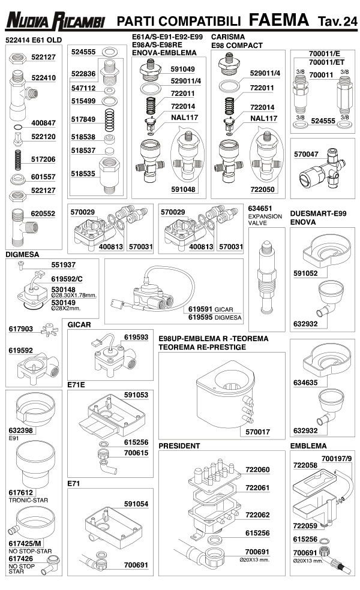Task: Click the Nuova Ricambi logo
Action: click(55, 21)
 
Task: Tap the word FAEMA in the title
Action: click(278, 20)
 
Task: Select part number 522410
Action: click(43, 78)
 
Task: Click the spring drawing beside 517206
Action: click(17, 160)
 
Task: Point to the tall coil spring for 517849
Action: click(110, 121)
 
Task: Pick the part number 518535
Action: click(83, 173)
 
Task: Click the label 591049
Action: click(182, 69)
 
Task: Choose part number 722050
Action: click(262, 189)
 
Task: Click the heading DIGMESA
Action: click(22, 254)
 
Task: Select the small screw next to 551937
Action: click(22, 266)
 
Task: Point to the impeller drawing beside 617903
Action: click(50, 329)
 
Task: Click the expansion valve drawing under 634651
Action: click(266, 278)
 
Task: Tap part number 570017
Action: click(257, 432)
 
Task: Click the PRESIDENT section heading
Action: click(179, 446)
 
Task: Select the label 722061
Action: click(257, 487)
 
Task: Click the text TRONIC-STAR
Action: click(28, 500)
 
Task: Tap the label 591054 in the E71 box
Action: click(136, 504)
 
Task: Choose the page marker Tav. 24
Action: click(337, 22)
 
